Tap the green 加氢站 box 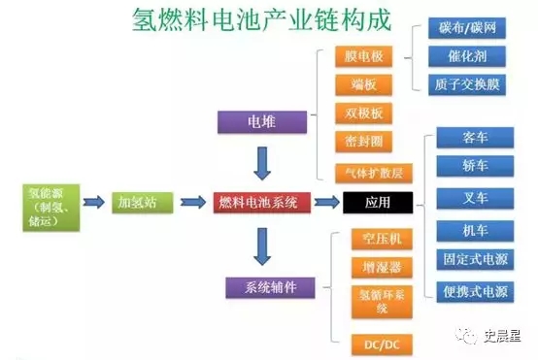coord(140,202)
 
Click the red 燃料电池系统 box coord(257,202)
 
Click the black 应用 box coord(378,202)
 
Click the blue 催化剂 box coord(467,57)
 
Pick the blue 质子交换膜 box coord(467,84)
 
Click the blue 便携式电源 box coord(475,290)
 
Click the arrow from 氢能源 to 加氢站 coord(93,202)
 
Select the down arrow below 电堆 coord(259,161)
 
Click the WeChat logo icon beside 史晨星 coord(469,336)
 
